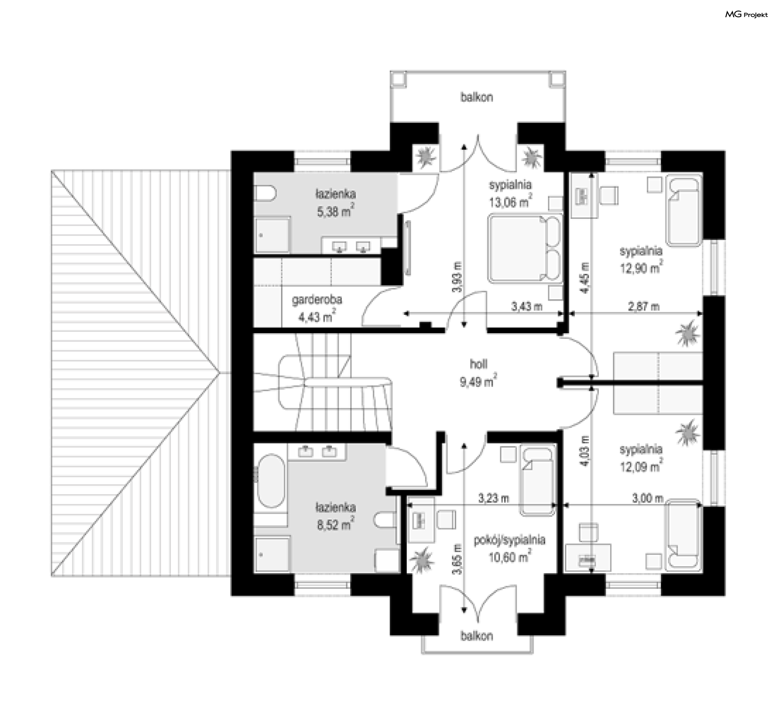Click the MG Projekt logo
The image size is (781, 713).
(x=746, y=15)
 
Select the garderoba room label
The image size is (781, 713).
(x=317, y=300)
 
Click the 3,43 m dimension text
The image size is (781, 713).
(x=527, y=306)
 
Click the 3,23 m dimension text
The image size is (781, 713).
(x=493, y=498)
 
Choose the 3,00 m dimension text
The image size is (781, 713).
(x=648, y=498)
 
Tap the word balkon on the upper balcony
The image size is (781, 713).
(x=477, y=97)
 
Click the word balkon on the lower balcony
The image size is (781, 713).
(x=477, y=636)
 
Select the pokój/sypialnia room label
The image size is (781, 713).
(x=509, y=540)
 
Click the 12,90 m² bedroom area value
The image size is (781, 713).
(x=641, y=268)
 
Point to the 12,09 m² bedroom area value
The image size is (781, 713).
(x=641, y=466)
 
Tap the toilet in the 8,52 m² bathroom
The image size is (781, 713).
(x=385, y=520)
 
